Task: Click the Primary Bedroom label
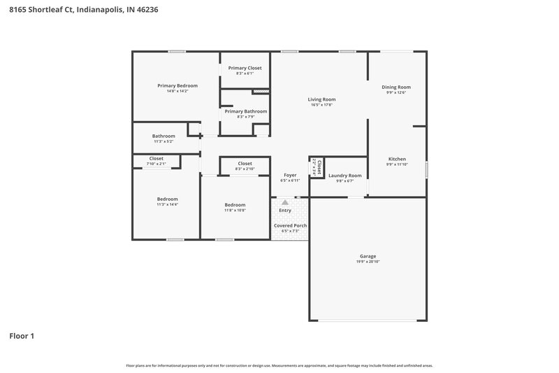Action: pyautogui.click(x=177, y=85)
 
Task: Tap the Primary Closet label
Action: pyautogui.click(x=245, y=68)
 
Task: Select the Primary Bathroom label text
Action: pyautogui.click(x=245, y=111)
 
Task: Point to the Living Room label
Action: pyautogui.click(x=321, y=99)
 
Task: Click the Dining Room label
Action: pyautogui.click(x=395, y=87)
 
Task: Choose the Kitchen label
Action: pyautogui.click(x=397, y=159)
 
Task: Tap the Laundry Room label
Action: pyautogui.click(x=344, y=175)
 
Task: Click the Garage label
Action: pyautogui.click(x=368, y=256)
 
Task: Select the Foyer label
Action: pyautogui.click(x=289, y=175)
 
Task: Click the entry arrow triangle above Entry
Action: pyautogui.click(x=285, y=202)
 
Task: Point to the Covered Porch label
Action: pyautogui.click(x=290, y=225)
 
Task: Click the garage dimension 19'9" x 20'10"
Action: pyautogui.click(x=368, y=262)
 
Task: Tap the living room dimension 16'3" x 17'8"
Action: pyautogui.click(x=321, y=105)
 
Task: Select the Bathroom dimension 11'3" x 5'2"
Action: pyautogui.click(x=164, y=141)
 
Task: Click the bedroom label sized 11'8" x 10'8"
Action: pyautogui.click(x=235, y=205)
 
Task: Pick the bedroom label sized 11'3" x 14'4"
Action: pyautogui.click(x=167, y=199)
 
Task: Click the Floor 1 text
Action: pyautogui.click(x=22, y=336)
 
